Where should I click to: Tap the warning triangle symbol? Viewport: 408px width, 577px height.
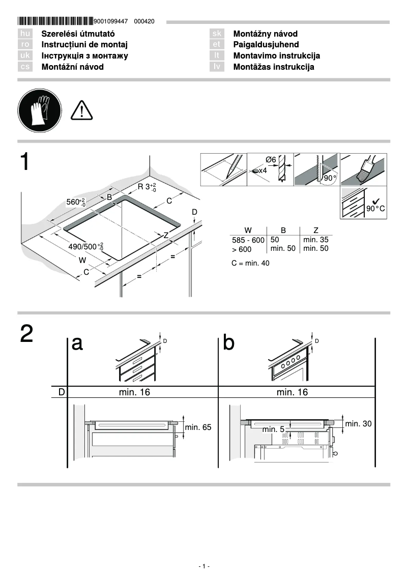pyautogui.click(x=81, y=110)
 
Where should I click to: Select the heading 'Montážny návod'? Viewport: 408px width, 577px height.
pyautogui.click(x=265, y=34)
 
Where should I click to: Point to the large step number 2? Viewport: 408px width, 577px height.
pyautogui.click(x=27, y=334)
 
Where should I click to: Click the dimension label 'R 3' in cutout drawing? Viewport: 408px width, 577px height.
pyautogui.click(x=147, y=187)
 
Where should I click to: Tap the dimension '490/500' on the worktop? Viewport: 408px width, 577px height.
pyautogui.click(x=85, y=247)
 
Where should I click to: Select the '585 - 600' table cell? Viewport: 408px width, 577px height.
pyautogui.click(x=248, y=240)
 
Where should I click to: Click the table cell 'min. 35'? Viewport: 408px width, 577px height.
pyautogui.click(x=315, y=239)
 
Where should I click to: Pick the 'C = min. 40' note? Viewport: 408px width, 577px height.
pyautogui.click(x=250, y=263)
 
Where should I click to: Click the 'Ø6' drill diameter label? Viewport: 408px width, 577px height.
pyautogui.click(x=270, y=160)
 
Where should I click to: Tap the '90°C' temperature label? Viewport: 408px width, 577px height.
pyautogui.click(x=376, y=209)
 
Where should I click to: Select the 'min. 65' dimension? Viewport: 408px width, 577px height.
pyautogui.click(x=198, y=427)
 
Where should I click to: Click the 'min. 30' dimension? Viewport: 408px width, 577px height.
pyautogui.click(x=359, y=423)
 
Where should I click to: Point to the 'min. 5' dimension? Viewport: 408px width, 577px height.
pyautogui.click(x=273, y=429)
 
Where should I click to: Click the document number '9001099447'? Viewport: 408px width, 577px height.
pyautogui.click(x=110, y=21)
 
